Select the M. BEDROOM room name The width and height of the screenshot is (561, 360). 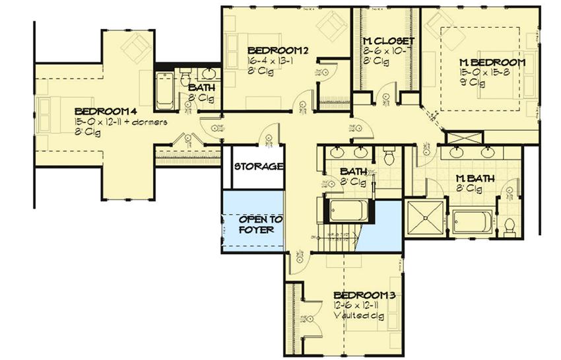[492, 63]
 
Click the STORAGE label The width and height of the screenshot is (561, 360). [258, 166]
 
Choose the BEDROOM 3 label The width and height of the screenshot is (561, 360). [364, 295]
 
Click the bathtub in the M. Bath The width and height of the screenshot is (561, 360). [473, 223]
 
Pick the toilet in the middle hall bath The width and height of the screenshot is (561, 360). [387, 157]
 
